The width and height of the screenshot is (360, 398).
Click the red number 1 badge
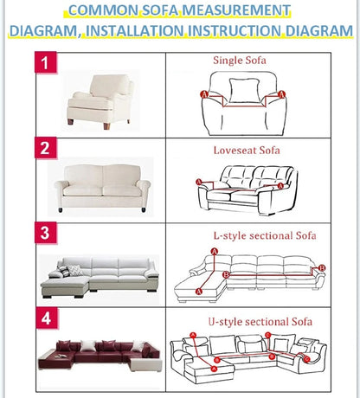[48, 65]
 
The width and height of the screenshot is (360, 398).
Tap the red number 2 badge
[48, 148]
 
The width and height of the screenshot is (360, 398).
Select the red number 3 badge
[48, 233]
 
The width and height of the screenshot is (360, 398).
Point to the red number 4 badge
[48, 318]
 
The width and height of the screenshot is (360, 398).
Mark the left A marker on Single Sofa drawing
[203, 93]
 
